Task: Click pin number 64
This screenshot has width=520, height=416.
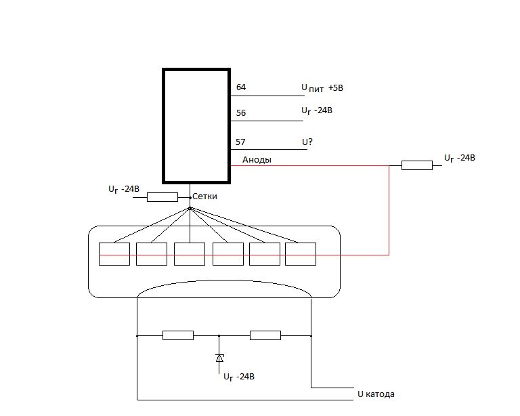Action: pos(241,87)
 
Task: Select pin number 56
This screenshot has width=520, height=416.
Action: pos(241,113)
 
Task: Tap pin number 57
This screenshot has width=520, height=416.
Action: pos(240,142)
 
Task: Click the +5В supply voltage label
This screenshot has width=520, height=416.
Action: pos(336,88)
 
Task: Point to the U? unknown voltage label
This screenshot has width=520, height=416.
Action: pos(307,142)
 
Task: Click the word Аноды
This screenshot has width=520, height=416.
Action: pos(257,160)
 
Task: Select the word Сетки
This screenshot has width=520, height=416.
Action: pos(204,196)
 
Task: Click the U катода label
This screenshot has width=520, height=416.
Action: pos(376,394)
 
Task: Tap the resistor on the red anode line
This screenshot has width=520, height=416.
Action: pos(417,165)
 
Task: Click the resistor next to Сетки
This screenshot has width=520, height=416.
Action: pos(162,197)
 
